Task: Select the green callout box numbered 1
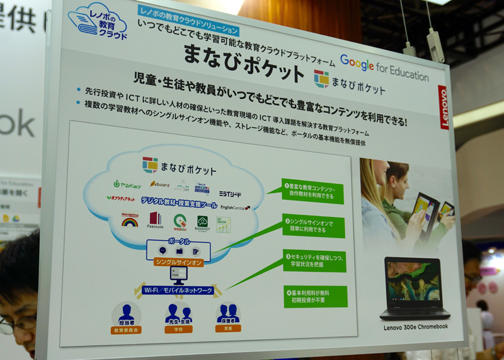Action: pyautogui.click(x=313, y=190)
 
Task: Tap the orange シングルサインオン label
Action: pyautogui.click(x=178, y=262)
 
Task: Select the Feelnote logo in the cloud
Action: pyautogui.click(x=155, y=221)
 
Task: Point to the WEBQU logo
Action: pyautogui.click(x=180, y=223)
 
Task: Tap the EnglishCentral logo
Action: pyautogui.click(x=234, y=207)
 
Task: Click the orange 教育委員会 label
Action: pyautogui.click(x=126, y=330)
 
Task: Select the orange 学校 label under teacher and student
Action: pyautogui.click(x=178, y=329)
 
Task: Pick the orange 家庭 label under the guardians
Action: pyautogui.click(x=227, y=328)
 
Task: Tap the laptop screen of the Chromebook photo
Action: pyautogui.click(x=414, y=279)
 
